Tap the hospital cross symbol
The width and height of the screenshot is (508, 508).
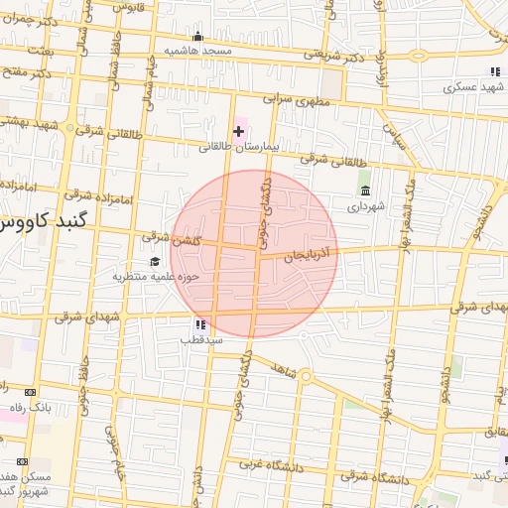(x=238, y=131)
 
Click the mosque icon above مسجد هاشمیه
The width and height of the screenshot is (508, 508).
(x=197, y=38)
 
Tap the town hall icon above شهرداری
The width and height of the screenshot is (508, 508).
(x=365, y=191)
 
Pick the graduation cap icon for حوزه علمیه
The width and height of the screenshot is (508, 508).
(x=154, y=262)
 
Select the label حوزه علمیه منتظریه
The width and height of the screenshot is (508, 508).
(x=156, y=277)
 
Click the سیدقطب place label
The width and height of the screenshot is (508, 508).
(x=200, y=339)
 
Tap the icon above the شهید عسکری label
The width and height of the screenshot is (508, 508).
(x=494, y=72)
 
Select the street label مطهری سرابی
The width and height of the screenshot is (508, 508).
(x=297, y=100)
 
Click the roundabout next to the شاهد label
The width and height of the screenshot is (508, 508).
(x=306, y=376)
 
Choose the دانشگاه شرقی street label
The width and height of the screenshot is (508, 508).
(x=374, y=479)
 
